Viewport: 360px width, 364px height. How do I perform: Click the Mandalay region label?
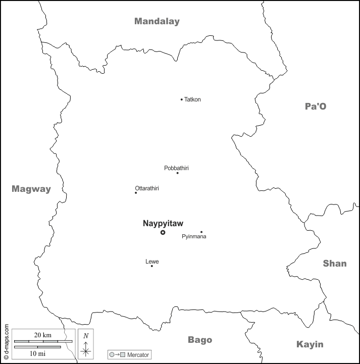point(157,21)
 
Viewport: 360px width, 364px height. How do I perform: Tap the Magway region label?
point(31,189)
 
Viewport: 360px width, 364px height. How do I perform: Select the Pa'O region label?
point(316,106)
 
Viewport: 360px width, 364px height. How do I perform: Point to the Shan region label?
point(335,263)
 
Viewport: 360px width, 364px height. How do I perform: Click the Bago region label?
point(200,340)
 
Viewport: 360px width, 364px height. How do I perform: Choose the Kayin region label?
point(310,344)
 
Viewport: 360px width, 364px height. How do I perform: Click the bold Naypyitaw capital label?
point(163,223)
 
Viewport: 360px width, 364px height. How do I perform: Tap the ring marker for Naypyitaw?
point(163,232)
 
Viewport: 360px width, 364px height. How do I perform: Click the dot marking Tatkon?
point(182,99)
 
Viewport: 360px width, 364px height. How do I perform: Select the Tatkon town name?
point(193,99)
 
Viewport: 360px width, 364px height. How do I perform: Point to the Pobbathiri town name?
point(176,168)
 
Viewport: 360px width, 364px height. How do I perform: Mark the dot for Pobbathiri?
point(177,173)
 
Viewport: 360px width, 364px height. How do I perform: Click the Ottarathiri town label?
point(147,188)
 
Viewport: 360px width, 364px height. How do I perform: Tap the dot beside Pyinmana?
point(201,232)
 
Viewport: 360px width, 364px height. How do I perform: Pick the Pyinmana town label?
point(194,237)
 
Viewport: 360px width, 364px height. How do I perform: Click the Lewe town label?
point(152,261)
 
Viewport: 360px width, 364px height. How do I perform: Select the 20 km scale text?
point(42,335)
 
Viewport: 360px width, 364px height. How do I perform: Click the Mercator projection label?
point(138,355)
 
